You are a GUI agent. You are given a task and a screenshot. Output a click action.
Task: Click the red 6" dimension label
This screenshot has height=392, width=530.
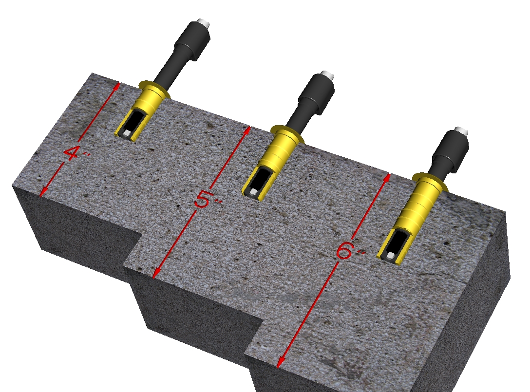coord(348,251)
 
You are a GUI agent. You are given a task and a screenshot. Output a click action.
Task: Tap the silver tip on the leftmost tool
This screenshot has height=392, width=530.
coord(204,22)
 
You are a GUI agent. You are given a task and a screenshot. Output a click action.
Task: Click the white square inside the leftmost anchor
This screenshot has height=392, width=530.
coord(127,133)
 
